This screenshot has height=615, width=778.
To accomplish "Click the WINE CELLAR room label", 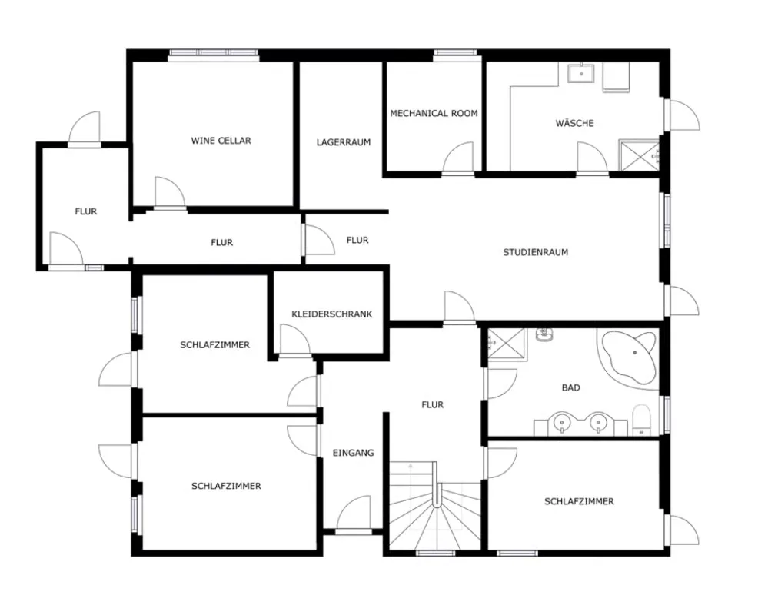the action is pos(221,141).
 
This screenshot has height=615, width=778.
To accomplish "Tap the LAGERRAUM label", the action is pos(344,142).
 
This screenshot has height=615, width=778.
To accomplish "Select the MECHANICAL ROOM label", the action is pos(434,114).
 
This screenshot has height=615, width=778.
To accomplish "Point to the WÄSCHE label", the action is pos(574,122).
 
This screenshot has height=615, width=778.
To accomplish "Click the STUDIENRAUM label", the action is pos(535,252).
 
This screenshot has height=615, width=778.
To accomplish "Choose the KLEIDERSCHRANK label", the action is pos(331,314).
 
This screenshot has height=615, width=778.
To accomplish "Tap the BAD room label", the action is pos(570,388).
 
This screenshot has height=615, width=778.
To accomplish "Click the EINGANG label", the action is pos(353,453).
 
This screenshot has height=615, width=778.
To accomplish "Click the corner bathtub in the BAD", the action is pos(629,357).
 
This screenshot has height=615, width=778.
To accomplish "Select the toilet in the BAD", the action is pos(641,420).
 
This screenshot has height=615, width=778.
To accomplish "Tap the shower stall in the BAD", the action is pos(507,343).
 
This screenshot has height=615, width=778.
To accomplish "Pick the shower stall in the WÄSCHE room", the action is pos(639,156).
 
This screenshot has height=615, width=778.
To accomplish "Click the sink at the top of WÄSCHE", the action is pos(581,73).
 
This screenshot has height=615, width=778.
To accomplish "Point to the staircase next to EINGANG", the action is pos(434,505).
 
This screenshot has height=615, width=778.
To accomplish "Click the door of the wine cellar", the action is pos(169,193).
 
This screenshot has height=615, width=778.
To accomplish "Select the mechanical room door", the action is pos(458,158).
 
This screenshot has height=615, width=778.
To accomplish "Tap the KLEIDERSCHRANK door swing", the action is pos(295,341).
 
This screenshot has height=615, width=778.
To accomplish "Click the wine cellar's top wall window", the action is pos(214,55).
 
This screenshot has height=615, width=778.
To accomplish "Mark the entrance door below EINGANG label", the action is pos(354,514).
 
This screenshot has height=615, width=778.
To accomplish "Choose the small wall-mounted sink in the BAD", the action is pos(544,335).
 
